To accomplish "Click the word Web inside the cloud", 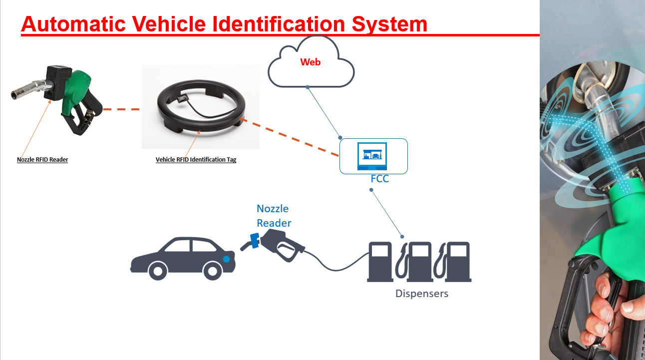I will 310,62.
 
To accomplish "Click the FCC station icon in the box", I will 373,156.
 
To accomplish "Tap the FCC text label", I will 379,179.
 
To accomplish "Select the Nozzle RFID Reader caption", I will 42,160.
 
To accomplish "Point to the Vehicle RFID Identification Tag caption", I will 196,160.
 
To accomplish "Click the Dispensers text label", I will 422,294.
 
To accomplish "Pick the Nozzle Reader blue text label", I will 274,216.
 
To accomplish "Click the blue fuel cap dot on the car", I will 227,259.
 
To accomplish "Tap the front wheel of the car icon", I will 158,271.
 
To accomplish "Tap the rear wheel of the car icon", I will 213,271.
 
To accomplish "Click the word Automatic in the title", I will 70,24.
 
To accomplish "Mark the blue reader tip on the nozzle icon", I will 254,240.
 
